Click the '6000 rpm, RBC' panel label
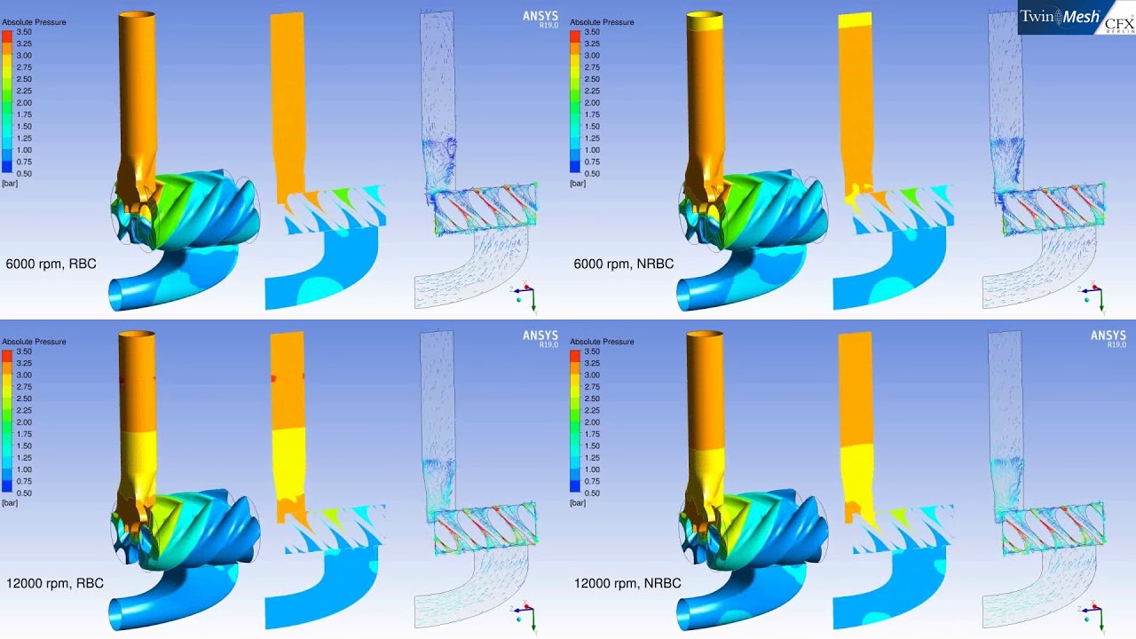click(51, 264)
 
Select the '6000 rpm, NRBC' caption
click(624, 264)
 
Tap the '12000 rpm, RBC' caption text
click(54, 583)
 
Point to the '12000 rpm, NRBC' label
click(627, 583)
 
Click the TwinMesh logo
click(1060, 17)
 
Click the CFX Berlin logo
click(1118, 23)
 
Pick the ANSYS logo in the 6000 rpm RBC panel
click(540, 19)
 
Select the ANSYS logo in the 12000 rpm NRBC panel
click(1108, 338)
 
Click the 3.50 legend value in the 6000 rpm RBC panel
click(24, 32)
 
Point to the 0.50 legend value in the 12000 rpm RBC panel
click(24, 493)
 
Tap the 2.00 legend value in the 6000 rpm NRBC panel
click(592, 103)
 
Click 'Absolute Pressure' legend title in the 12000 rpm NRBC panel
click(602, 342)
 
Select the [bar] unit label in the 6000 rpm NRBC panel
click(578, 184)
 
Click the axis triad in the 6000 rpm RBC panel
click(525, 297)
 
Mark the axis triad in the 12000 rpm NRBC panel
click(1093, 617)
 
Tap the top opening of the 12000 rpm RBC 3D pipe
click(138, 335)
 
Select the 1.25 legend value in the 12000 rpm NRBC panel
click(592, 458)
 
